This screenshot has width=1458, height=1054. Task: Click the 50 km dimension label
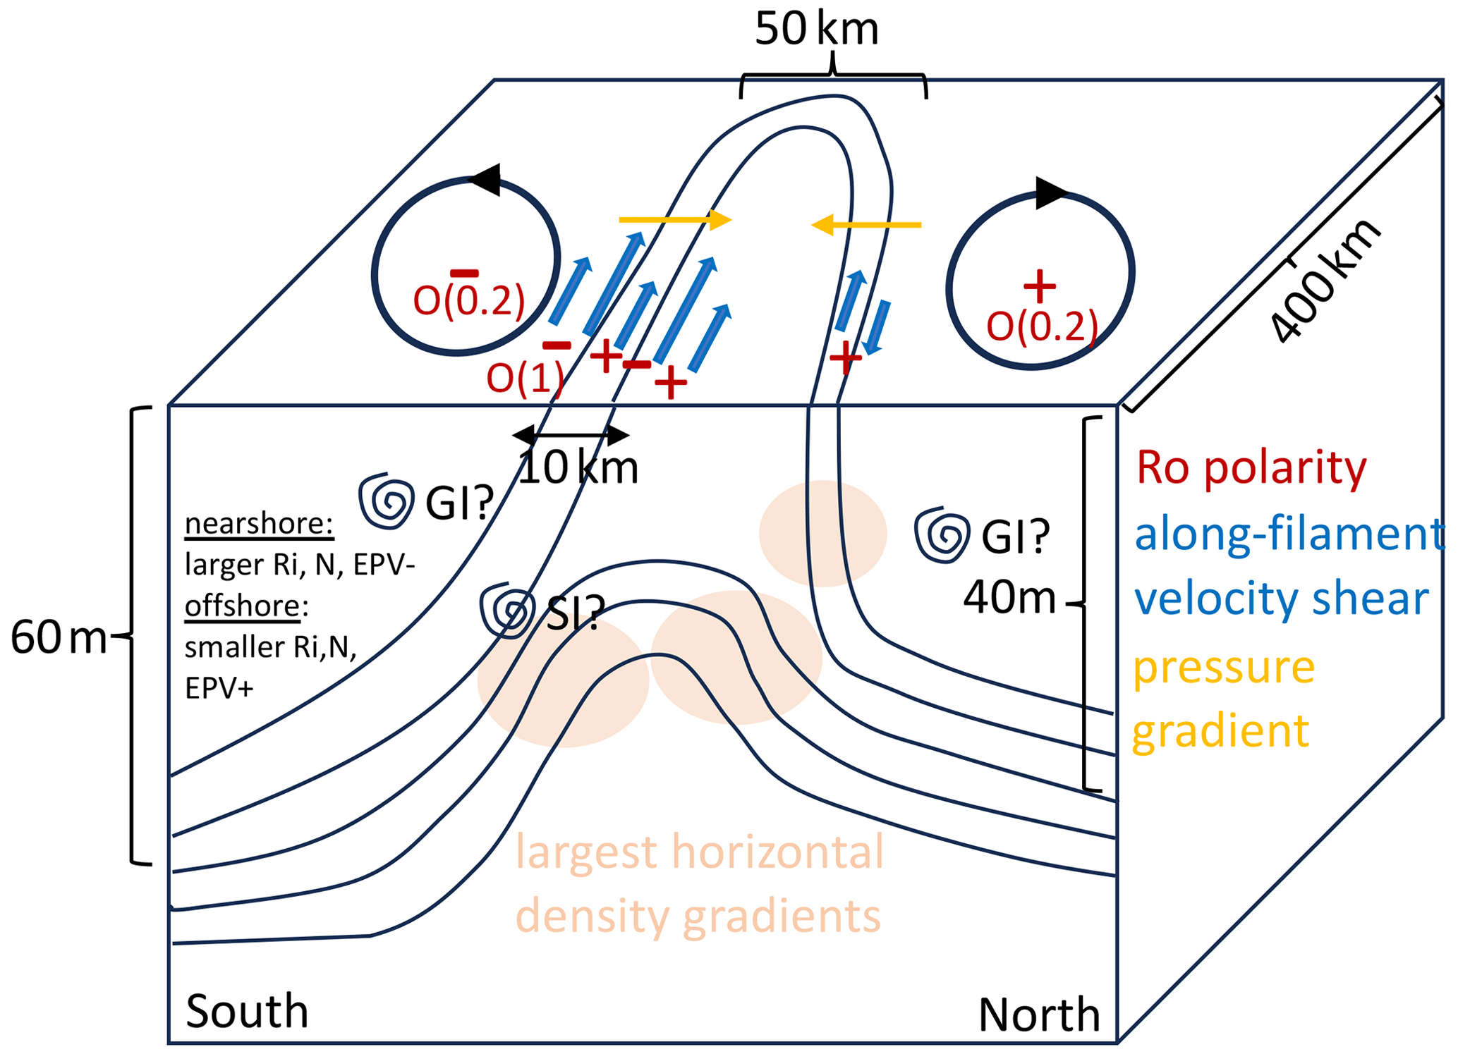pos(816,30)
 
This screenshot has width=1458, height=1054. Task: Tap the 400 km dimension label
pos(1324,281)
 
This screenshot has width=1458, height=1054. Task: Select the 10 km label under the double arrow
pos(578,467)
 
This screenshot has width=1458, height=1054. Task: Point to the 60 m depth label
pos(58,637)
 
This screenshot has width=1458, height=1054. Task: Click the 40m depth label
pos(1009,598)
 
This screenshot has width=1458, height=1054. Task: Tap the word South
pos(247,1011)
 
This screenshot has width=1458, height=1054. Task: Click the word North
pos(1038,1015)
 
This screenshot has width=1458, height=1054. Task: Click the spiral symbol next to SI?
pos(507,611)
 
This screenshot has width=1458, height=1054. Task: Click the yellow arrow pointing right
pos(675,220)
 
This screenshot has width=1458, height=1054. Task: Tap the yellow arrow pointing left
pos(866,225)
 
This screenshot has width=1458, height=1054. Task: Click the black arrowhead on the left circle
pos(486,180)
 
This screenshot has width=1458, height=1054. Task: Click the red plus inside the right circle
pos(1039,286)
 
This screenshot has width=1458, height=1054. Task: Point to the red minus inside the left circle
pos(464,274)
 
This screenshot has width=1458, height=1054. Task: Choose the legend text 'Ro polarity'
pos(1251,467)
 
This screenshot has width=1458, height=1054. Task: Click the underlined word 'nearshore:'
pos(259,524)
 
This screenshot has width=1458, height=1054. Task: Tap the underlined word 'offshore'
pos(243,606)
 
